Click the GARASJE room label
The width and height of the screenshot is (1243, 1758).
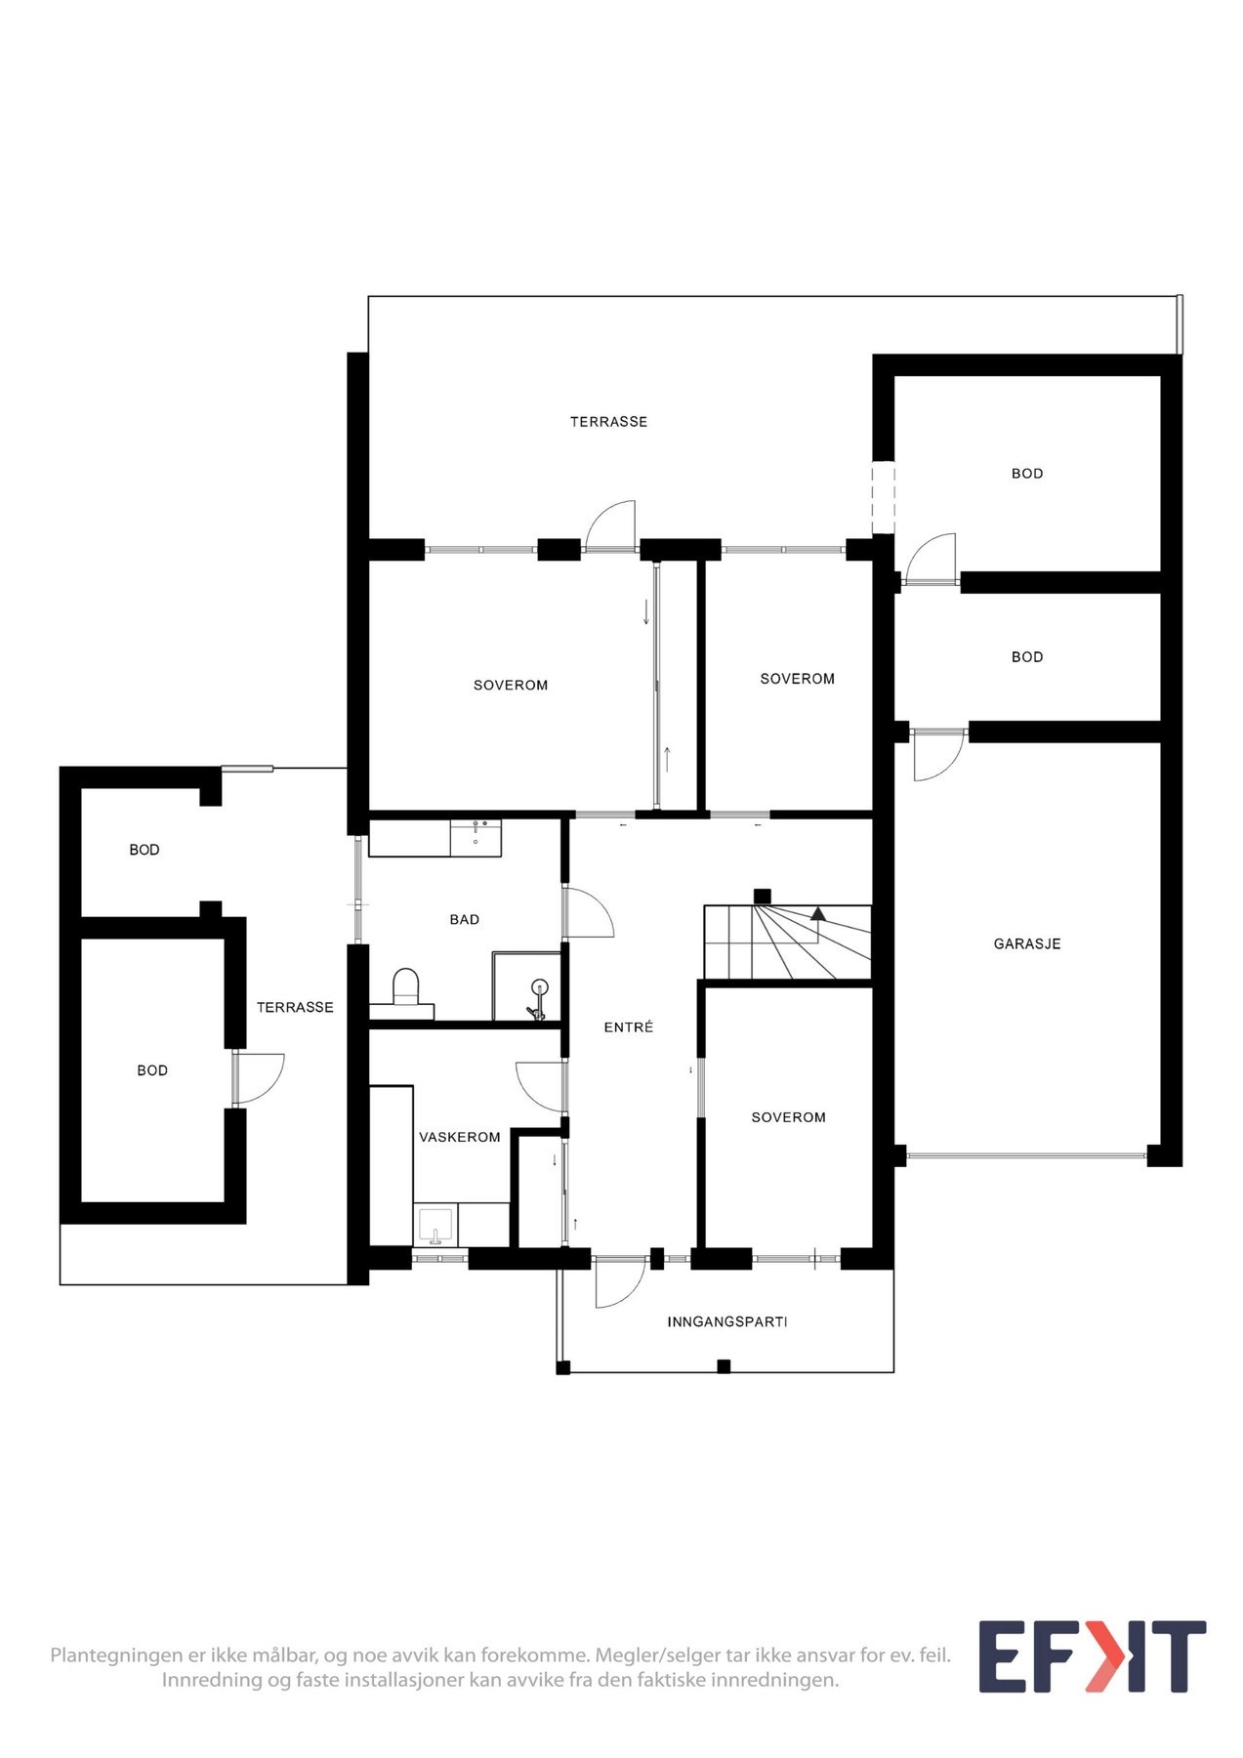1026,944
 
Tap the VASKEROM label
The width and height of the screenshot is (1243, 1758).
459,1138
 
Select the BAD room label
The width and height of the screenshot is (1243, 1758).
464,920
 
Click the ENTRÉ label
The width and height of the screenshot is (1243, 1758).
628,1027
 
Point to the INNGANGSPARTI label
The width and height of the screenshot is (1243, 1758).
726,1322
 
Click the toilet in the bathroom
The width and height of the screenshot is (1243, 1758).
404,986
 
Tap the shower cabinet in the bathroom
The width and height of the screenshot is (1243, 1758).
527,987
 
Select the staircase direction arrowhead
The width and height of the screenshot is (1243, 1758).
817,914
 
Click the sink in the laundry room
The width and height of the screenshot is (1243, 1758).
435,1226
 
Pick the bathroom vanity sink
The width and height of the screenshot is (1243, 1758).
476,837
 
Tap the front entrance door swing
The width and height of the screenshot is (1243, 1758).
619,1283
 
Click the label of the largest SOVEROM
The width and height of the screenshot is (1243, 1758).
510,686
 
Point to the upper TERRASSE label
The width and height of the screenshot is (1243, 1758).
608,422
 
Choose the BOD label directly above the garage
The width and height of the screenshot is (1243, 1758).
1026,657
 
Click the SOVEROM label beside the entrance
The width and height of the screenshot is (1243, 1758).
788,1117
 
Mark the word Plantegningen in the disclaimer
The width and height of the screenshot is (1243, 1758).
116,1656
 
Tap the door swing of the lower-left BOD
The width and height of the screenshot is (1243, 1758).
260,1077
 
